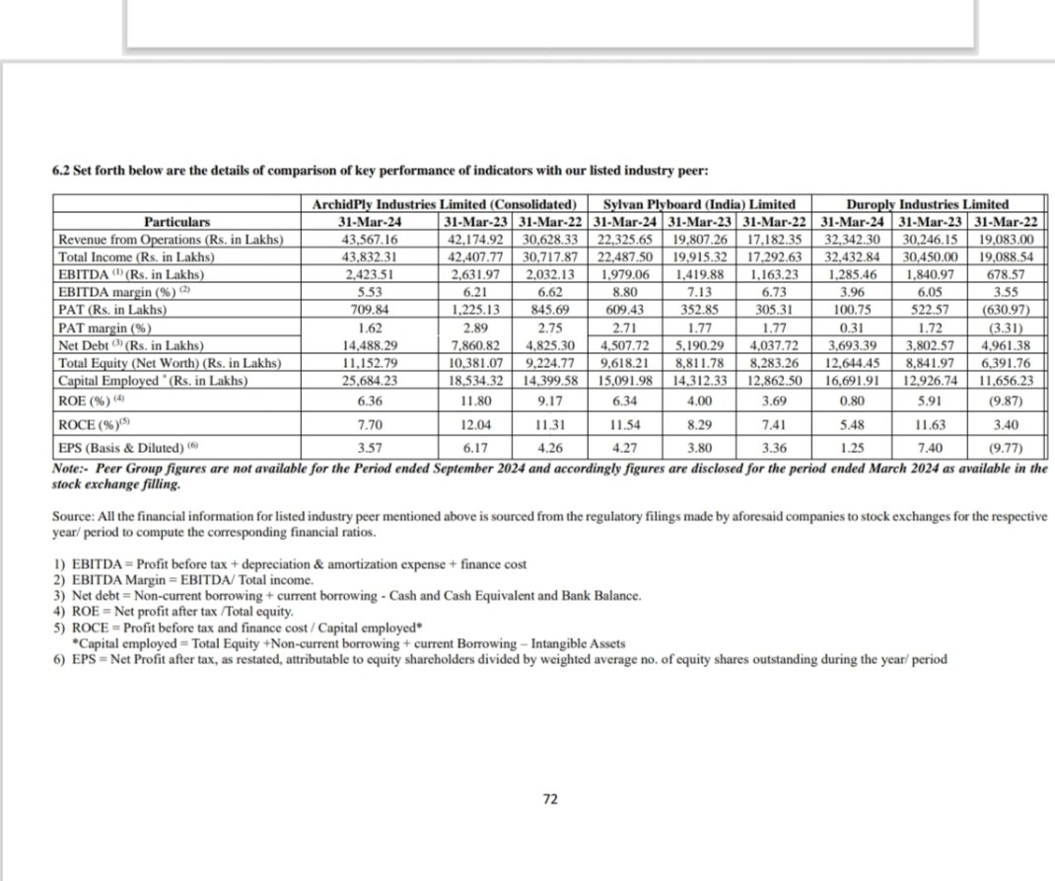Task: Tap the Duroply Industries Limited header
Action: (933, 204)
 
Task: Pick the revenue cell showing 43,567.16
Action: (368, 240)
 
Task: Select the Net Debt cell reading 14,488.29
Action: (368, 345)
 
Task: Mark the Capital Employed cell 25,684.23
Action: (368, 380)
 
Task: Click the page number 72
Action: (551, 799)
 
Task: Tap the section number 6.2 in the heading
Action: (62, 170)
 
